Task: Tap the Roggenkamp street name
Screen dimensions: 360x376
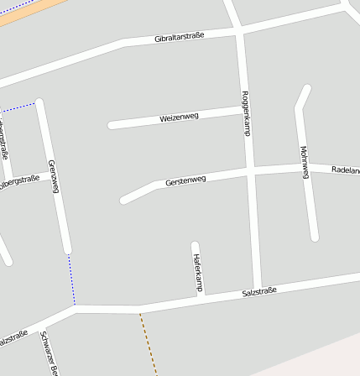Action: pyautogui.click(x=246, y=113)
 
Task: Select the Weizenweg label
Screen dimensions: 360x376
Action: pyautogui.click(x=179, y=117)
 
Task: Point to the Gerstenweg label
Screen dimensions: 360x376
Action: pyautogui.click(x=185, y=180)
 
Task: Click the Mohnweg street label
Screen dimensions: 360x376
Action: pyautogui.click(x=305, y=161)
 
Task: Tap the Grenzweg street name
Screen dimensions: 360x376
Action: pyautogui.click(x=54, y=176)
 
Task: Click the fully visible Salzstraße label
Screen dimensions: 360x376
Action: pyautogui.click(x=259, y=291)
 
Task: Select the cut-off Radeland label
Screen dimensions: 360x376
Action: pyautogui.click(x=346, y=170)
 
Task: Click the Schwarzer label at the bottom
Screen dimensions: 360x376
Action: pyautogui.click(x=49, y=352)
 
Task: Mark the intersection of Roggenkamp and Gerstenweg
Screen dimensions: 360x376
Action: pyautogui.click(x=251, y=172)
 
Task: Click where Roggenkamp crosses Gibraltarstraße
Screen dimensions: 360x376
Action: pyautogui.click(x=238, y=31)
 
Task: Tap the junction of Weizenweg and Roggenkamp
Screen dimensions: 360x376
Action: pyautogui.click(x=245, y=108)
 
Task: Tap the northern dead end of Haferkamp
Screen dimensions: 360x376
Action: pyautogui.click(x=195, y=245)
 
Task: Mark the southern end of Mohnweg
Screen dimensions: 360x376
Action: pyautogui.click(x=315, y=238)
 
